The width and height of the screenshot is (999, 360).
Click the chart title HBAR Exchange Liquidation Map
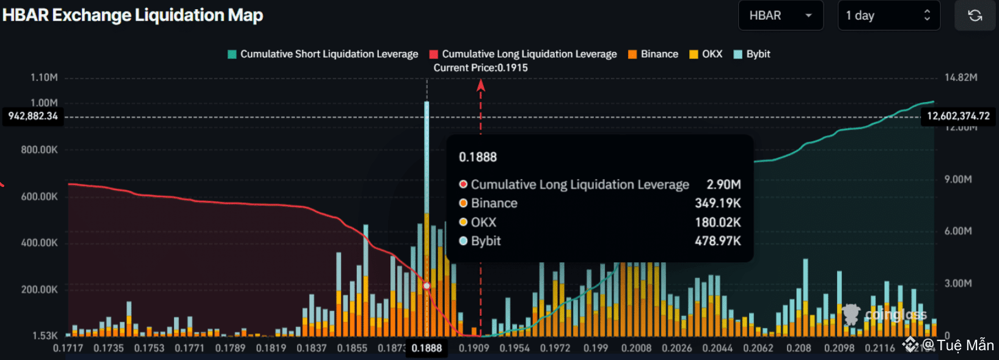[x=133, y=15]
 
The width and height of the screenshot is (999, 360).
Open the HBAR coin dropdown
[x=780, y=15]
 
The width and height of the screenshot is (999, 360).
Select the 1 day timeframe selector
[x=888, y=15]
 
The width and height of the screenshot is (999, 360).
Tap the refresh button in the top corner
[x=975, y=15]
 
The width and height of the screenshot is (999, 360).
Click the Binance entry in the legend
[x=653, y=54]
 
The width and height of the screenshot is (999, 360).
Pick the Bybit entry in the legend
[x=752, y=54]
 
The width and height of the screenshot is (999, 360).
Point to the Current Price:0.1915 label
[x=480, y=68]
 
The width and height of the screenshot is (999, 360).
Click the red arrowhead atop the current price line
[x=481, y=86]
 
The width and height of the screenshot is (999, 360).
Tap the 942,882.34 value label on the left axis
[x=33, y=116]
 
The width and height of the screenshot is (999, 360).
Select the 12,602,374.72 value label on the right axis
[x=958, y=116]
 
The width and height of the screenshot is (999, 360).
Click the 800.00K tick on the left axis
[x=39, y=150]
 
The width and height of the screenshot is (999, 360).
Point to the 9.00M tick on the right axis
[x=957, y=179]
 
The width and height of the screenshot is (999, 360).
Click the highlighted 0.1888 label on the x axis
[x=426, y=348]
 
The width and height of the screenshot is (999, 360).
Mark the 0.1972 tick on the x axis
[x=555, y=348]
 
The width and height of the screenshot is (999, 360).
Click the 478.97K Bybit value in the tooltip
[x=717, y=241]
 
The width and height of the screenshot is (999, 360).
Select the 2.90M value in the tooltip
[x=723, y=185]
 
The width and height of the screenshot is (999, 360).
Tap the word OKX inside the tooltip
[x=483, y=222]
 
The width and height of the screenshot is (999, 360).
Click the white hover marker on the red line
[x=426, y=285]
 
